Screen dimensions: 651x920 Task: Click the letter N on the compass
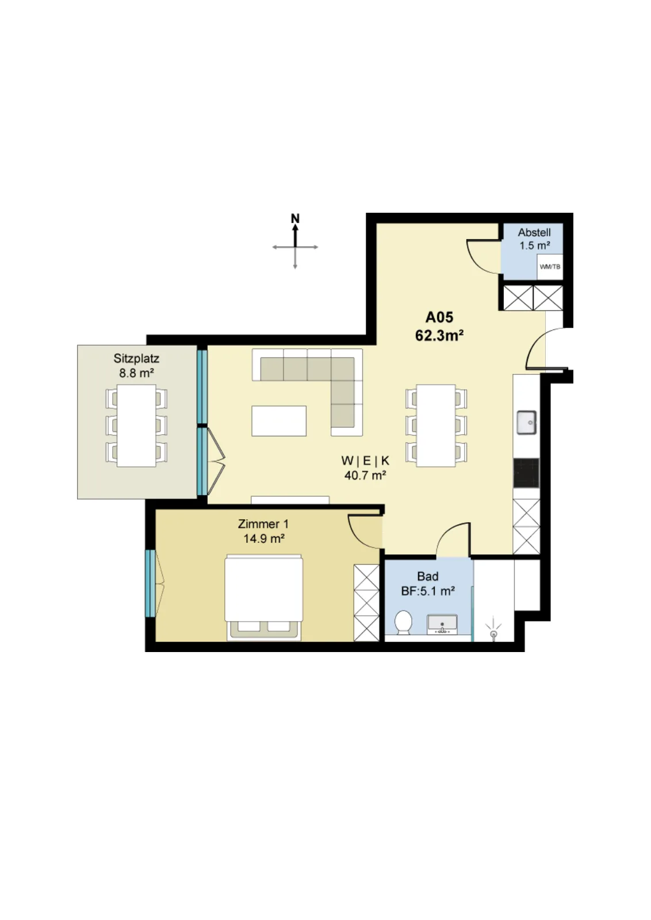point(295,218)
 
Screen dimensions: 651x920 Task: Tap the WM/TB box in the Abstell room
point(550,267)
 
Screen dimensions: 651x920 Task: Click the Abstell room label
point(534,232)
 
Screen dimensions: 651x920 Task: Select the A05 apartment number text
point(439,317)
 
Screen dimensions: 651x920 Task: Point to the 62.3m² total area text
point(439,336)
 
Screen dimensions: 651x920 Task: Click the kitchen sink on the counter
point(526,422)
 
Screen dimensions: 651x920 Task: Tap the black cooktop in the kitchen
point(526,473)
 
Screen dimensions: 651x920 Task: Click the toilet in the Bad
point(403,622)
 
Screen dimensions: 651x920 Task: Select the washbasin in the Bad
point(442,624)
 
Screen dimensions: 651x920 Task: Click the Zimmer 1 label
point(263,524)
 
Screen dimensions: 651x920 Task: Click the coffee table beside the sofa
point(279,420)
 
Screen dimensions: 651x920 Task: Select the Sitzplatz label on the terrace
point(136,359)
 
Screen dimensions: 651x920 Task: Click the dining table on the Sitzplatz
point(136,425)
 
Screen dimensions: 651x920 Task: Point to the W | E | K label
point(365,461)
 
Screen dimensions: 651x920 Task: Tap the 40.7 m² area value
point(365,475)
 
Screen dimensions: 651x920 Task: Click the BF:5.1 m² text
point(427,591)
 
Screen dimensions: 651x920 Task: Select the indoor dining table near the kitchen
point(436,425)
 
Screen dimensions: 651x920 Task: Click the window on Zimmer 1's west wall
point(150,583)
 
